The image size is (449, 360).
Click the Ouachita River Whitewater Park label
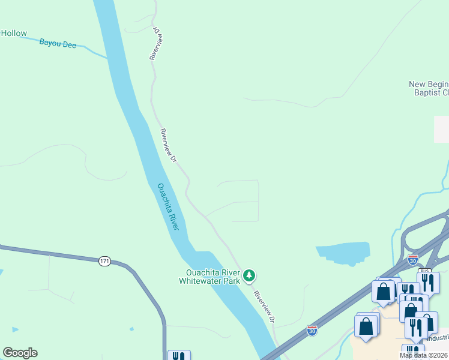coord(209,277)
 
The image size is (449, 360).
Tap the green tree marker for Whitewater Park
coord(249,277)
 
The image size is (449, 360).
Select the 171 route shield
coord(105,261)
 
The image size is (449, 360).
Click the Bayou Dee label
coord(58,43)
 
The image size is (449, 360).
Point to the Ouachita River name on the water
coord(168,206)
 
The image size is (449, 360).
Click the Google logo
coord(20,353)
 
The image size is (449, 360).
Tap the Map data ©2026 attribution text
coord(424,356)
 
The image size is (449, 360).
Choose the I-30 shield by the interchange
coord(412,260)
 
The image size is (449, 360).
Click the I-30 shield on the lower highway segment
coord(312,330)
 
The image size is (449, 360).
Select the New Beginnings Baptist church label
coord(429,88)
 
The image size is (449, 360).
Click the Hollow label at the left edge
coord(13,33)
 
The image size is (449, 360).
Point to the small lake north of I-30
coord(344,253)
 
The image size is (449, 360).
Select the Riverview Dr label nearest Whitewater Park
coord(264,307)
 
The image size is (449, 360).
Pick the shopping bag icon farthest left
coord(365,327)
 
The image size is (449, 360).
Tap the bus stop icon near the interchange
coord(425,271)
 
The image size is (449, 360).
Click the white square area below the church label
coord(441,129)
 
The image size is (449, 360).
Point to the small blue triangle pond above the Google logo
coord(14,329)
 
